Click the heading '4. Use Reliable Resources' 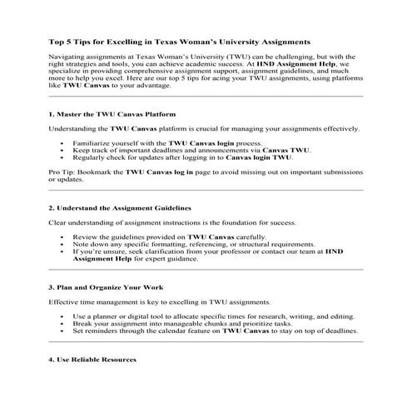coord(92,360)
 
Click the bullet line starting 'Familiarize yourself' coord(157,143)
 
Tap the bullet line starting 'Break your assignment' coord(184,324)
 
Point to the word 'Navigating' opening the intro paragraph coord(67,54)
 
